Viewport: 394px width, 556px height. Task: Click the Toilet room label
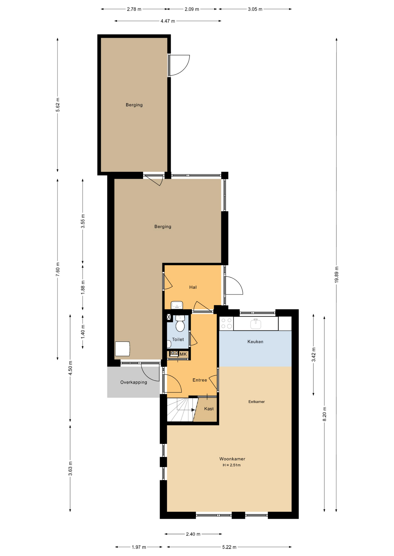pos(178,339)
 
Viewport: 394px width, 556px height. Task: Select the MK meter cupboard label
pos(183,354)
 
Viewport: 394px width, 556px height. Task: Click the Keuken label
pos(255,342)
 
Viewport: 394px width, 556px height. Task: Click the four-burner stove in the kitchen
pos(227,323)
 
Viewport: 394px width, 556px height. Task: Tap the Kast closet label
pos(209,409)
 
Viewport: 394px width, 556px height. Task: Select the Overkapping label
pos(133,382)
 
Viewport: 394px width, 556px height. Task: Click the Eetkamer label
pos(256,402)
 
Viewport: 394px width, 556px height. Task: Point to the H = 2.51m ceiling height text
pos(232,465)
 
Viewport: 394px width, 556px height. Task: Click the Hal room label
pos(193,287)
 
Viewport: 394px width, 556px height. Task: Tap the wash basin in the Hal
pos(177,305)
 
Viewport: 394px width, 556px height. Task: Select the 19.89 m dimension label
pos(336,274)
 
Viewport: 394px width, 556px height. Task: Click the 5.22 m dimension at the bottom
pos(229,547)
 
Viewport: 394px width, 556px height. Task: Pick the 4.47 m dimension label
pos(168,21)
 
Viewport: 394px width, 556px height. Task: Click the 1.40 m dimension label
pos(83,332)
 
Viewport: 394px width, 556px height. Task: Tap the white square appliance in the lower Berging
pos(122,349)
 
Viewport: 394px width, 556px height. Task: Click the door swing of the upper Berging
pos(179,65)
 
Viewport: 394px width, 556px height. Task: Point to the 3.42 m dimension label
pos(313,354)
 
